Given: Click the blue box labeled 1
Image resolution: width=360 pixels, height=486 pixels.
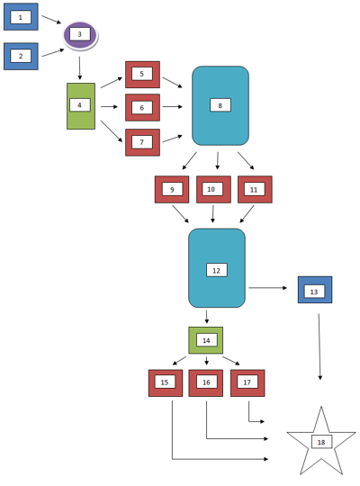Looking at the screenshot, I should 21,17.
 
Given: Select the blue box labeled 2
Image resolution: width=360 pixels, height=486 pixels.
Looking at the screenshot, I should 21,56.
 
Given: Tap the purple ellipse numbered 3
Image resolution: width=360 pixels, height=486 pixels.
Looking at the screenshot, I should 80,35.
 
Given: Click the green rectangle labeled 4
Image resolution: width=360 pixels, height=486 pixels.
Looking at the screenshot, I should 80,105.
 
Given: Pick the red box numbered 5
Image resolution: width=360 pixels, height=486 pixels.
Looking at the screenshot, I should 142,74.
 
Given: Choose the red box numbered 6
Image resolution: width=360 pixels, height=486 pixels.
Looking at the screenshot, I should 142,107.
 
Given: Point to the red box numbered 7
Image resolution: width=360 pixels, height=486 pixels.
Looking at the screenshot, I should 142,142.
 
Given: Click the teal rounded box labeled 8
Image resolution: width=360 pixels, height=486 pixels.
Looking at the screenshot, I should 220,105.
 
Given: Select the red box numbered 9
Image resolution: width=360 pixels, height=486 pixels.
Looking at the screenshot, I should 172,189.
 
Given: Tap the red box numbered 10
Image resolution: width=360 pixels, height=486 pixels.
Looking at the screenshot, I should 213,189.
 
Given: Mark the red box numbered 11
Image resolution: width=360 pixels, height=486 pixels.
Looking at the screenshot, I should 255,189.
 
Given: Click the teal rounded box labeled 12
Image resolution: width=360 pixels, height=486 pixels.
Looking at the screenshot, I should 217,268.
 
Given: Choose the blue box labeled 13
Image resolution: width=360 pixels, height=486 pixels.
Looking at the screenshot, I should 315,290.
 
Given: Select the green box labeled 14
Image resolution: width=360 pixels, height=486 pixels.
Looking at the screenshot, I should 206,340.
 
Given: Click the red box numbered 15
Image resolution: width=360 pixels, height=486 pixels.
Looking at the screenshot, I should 166,382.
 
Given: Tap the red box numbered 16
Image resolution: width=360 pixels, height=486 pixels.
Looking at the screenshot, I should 206,382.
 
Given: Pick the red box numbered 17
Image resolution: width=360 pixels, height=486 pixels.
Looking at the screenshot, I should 247,382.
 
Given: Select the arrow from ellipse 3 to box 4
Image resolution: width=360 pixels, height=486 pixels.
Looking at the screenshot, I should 80,67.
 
